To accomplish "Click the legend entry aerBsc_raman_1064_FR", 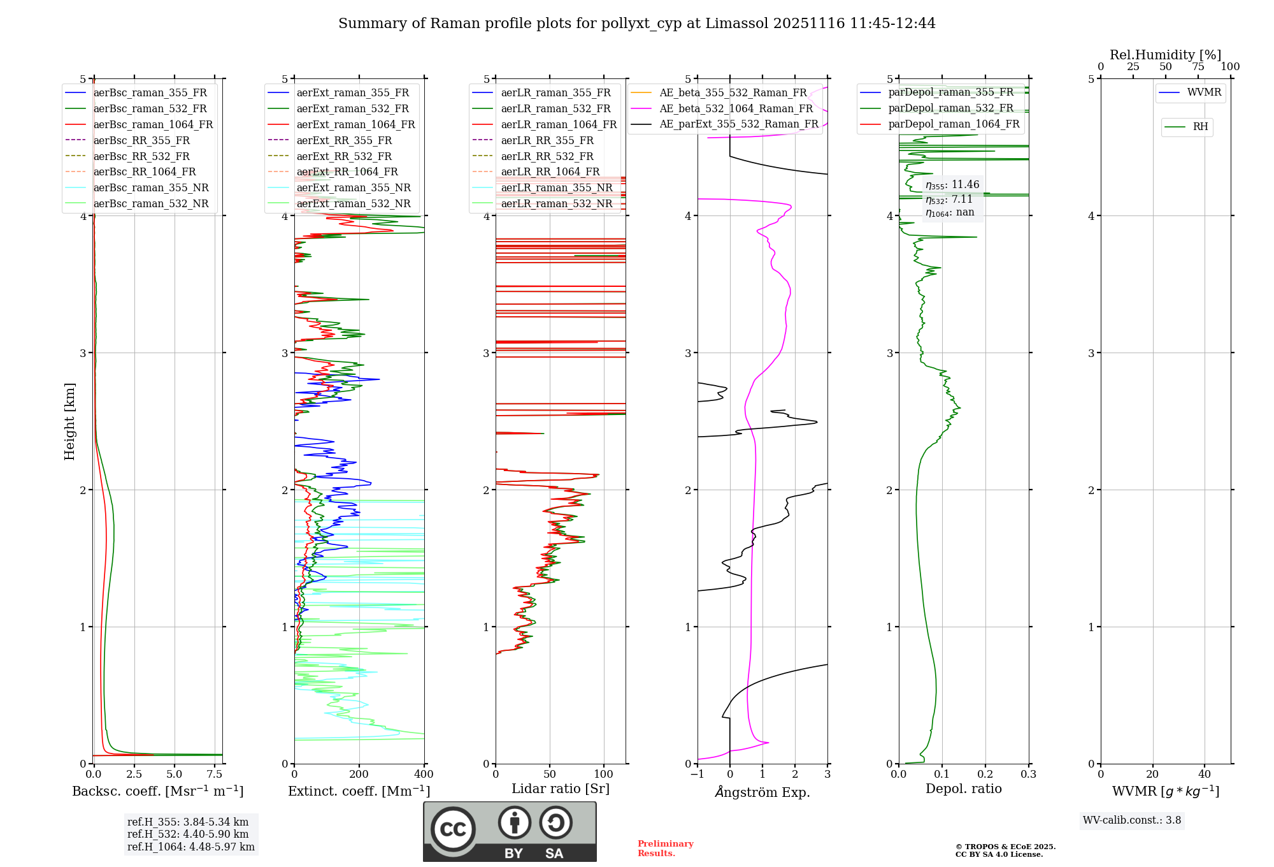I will point(153,124).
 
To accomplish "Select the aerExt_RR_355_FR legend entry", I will point(344,140).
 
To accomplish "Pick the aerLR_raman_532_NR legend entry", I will point(556,203).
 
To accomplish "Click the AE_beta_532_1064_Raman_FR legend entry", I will point(736,108).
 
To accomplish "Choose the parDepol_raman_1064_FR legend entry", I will point(954,124).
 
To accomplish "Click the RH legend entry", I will point(1200,127).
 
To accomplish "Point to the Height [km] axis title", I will point(69,421).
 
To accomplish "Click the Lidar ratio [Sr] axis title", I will point(561,789).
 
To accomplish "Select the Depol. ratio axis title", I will point(963,789).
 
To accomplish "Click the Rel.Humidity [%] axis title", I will point(1165,55).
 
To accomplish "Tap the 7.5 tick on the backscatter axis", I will point(215,775).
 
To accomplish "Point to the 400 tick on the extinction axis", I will point(424,775).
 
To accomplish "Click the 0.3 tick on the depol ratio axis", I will point(1028,775).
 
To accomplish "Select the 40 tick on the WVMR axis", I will point(1204,775).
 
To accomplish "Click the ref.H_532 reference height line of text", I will point(188,834).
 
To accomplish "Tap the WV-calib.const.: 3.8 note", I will point(1132,820).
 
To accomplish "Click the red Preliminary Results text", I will point(665,848).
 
